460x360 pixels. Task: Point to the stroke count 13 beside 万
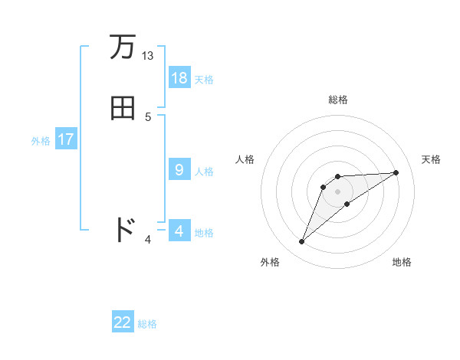coord(147,56)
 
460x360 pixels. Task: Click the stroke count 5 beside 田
coord(148,116)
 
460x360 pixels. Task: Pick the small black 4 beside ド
coord(148,240)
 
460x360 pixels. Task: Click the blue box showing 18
coord(179,78)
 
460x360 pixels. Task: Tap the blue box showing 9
coord(179,170)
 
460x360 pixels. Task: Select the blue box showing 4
coord(179,231)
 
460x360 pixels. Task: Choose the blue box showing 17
coord(66,139)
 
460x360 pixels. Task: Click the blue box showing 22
coord(123,322)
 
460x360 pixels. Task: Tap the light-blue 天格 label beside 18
coord(204,80)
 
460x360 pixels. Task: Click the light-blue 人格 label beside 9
coord(204,172)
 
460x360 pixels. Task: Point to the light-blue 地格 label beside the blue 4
coord(204,233)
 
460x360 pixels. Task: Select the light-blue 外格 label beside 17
coord(41,141)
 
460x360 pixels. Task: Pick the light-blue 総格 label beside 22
coord(147,324)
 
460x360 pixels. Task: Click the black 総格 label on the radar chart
coord(337,100)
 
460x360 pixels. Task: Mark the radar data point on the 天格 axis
coord(396,172)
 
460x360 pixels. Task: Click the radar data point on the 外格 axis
coord(302,242)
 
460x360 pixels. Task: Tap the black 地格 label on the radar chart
coord(402,262)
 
